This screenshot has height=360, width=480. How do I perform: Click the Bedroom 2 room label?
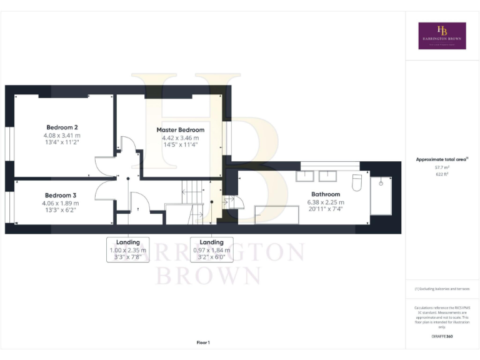[61, 126]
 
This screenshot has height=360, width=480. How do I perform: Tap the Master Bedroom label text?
[180, 130]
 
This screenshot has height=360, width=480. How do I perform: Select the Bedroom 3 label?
[61, 195]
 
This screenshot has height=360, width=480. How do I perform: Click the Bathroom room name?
[326, 194]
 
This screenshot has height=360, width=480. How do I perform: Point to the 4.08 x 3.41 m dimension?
[61, 135]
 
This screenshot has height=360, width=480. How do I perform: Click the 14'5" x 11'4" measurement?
[180, 145]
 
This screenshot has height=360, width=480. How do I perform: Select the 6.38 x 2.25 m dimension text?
[326, 202]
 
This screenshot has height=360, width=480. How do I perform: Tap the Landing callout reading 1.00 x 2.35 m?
[128, 249]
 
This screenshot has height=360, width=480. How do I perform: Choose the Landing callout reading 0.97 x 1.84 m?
[211, 249]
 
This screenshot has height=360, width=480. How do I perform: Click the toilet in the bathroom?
[357, 182]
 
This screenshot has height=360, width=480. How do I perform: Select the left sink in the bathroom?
[304, 176]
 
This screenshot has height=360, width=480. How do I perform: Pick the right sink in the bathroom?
[327, 176]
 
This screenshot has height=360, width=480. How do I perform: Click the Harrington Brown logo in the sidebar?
[442, 36]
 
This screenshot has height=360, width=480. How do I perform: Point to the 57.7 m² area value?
[442, 167]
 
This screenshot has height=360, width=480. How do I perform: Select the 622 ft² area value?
[442, 174]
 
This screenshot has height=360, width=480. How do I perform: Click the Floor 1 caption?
[203, 342]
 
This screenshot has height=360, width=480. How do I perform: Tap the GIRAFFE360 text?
[442, 337]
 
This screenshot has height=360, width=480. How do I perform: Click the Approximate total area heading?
[441, 159]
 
